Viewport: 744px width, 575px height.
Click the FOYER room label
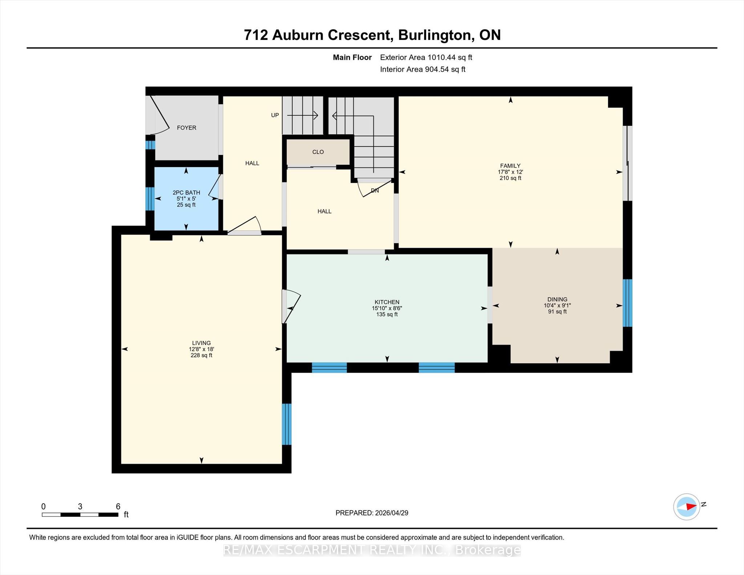click(186, 127)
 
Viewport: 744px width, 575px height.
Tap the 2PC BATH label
click(186, 193)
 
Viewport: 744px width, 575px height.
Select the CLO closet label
click(318, 152)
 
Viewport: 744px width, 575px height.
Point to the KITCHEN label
click(387, 302)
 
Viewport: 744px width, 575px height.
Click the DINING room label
click(557, 299)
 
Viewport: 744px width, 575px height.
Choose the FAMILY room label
click(510, 166)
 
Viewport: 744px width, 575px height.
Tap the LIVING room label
click(201, 343)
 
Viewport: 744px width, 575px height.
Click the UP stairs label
click(275, 115)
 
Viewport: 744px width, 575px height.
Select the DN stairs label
click(375, 190)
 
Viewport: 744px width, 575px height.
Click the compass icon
click(687, 506)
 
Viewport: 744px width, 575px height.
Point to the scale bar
click(80, 514)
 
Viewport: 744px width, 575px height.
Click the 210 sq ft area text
click(510, 178)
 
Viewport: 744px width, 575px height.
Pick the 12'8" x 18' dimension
click(201, 349)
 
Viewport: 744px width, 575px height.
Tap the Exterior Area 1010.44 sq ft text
click(426, 57)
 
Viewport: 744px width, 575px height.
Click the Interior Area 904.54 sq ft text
click(423, 69)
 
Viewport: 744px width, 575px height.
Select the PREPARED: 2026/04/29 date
click(372, 513)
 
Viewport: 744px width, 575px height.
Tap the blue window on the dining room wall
click(627, 303)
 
